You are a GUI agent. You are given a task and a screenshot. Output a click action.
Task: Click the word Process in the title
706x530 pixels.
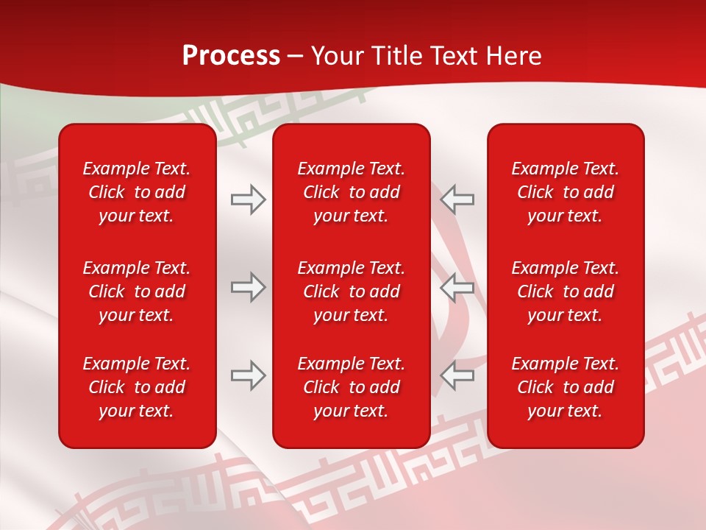pyautogui.click(x=231, y=56)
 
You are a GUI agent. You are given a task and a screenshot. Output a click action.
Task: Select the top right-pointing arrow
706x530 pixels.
pyautogui.click(x=248, y=199)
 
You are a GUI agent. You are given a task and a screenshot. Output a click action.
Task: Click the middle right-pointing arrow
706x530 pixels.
pyautogui.click(x=248, y=287)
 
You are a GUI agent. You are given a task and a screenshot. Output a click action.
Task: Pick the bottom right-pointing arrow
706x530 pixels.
pyautogui.click(x=248, y=375)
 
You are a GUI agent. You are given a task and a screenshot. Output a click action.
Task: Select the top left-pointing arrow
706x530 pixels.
pyautogui.click(x=457, y=199)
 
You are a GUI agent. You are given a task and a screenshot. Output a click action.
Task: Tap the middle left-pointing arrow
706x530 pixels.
pyautogui.click(x=457, y=287)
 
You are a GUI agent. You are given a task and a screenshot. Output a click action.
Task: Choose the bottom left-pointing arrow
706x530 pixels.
pyautogui.click(x=457, y=375)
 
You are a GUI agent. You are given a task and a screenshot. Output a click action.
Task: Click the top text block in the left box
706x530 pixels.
pyautogui.click(x=137, y=192)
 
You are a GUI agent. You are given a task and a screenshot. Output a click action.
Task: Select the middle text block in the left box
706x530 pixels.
pyautogui.click(x=137, y=291)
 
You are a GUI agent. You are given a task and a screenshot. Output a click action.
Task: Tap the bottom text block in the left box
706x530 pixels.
pyautogui.click(x=137, y=387)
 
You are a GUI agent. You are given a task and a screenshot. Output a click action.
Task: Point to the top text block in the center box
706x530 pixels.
pyautogui.click(x=352, y=192)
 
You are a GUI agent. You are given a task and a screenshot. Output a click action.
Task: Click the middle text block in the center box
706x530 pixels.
pyautogui.click(x=352, y=291)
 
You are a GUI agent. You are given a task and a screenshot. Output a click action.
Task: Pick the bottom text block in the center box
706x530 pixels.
pyautogui.click(x=352, y=387)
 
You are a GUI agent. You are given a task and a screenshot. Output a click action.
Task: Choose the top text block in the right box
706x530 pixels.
pyautogui.click(x=566, y=192)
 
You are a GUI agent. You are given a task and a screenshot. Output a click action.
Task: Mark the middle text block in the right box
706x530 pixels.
pyautogui.click(x=566, y=291)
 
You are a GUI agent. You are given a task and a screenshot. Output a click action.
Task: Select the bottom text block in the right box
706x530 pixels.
pyautogui.click(x=566, y=387)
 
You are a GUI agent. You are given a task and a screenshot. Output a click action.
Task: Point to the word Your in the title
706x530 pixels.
pyautogui.click(x=336, y=56)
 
